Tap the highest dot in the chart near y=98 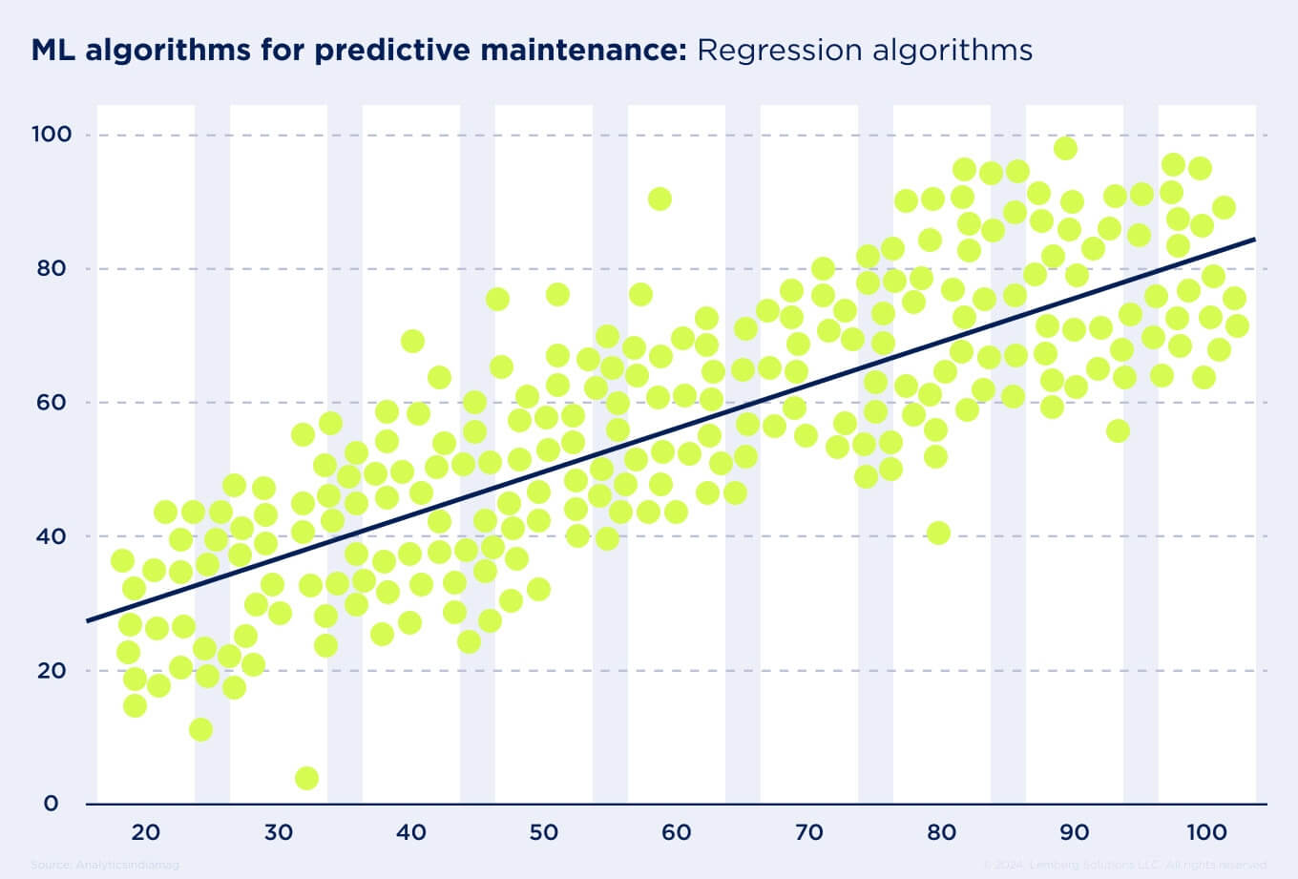point(1065,149)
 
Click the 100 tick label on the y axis point(51,135)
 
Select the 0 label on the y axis point(51,804)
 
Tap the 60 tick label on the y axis point(52,403)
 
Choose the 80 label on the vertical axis point(52,269)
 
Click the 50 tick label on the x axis point(543,833)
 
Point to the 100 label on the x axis point(1206,833)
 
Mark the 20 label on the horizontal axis point(145,833)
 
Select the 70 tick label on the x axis point(808,833)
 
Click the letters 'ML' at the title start point(53,50)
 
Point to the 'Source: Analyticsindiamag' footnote point(105,865)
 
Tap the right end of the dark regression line point(1253,240)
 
